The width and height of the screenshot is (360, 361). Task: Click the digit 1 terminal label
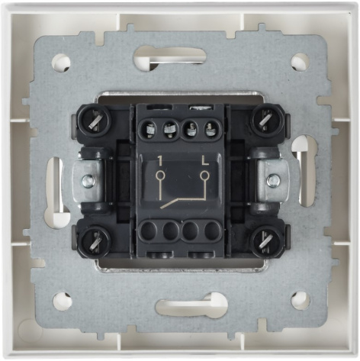pos(160,161)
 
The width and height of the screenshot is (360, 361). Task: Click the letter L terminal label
pos(205,161)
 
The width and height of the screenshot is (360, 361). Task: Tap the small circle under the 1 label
pos(160,176)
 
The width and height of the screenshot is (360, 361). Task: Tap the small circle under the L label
pos(204,176)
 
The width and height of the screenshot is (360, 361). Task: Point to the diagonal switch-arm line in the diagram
pos(174,202)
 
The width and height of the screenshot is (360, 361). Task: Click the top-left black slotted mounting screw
pos(95,120)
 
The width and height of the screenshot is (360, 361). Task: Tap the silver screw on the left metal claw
pos(88,180)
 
